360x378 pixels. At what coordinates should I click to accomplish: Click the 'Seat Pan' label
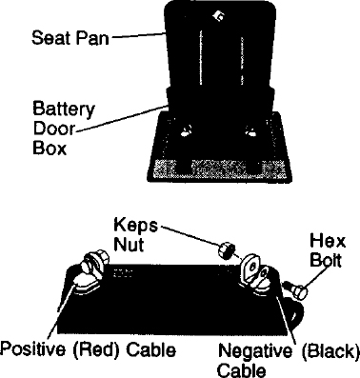tap(70, 37)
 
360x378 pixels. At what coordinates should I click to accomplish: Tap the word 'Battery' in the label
tap(64, 109)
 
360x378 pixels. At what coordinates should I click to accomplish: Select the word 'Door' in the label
tap(53, 129)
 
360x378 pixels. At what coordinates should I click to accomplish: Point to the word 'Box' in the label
tap(50, 148)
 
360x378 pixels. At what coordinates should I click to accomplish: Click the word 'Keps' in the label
tap(135, 226)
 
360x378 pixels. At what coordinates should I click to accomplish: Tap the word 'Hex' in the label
tap(328, 241)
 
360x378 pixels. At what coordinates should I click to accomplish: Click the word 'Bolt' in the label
tap(326, 260)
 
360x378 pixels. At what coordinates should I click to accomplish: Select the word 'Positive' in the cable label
tap(33, 349)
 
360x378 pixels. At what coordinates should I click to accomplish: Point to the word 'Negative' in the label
tap(255, 351)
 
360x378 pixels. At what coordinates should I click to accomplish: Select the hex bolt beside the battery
tap(296, 289)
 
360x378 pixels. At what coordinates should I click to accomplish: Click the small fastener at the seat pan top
tap(219, 14)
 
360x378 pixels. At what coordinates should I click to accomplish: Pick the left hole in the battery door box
tap(186, 129)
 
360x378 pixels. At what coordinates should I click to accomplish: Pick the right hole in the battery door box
tap(250, 130)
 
